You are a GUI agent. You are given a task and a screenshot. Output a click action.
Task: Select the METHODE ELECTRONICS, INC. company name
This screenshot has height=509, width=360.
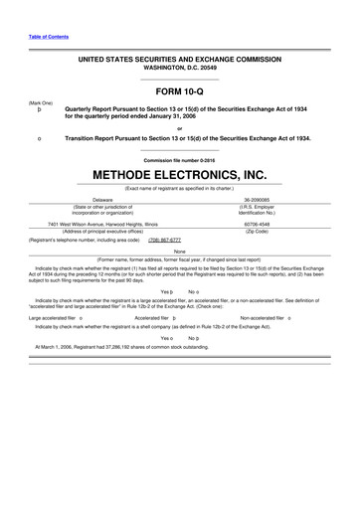(180, 174)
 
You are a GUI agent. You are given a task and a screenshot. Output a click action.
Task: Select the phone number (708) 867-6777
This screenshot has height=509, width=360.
(165, 240)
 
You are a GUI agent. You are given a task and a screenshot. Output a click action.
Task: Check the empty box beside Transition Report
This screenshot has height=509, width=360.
(37, 139)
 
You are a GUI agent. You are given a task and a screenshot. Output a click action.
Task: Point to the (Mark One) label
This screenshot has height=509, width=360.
(41, 101)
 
